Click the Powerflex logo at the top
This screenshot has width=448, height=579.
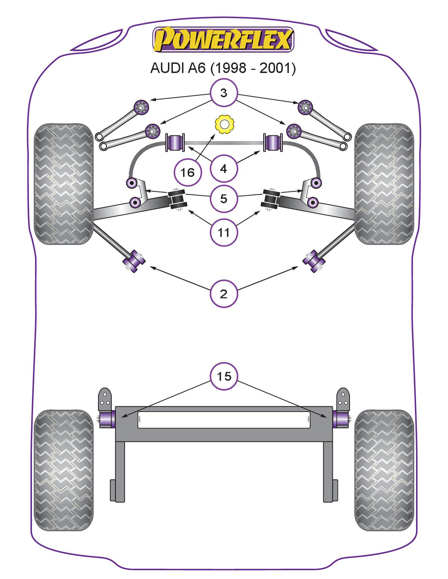pyautogui.click(x=223, y=39)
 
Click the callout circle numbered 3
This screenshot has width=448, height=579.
pyautogui.click(x=224, y=93)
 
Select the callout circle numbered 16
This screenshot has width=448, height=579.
pyautogui.click(x=188, y=172)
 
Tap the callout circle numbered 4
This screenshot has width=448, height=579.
pyautogui.click(x=224, y=169)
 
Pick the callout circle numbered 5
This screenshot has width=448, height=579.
pyautogui.click(x=224, y=199)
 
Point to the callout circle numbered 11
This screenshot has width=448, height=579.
pyautogui.click(x=224, y=232)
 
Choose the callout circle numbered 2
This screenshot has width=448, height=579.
pyautogui.click(x=224, y=294)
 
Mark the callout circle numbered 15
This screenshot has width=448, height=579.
pyautogui.click(x=224, y=376)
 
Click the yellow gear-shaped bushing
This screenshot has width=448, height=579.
pyautogui.click(x=224, y=124)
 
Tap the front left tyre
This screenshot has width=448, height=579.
pyautogui.click(x=63, y=184)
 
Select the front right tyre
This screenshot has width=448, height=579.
pyautogui.click(x=384, y=184)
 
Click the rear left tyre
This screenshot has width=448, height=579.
pyautogui.click(x=64, y=470)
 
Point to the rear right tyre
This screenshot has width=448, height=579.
pyautogui.click(x=384, y=470)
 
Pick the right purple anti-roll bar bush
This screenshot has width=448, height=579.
pyautogui.click(x=273, y=142)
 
